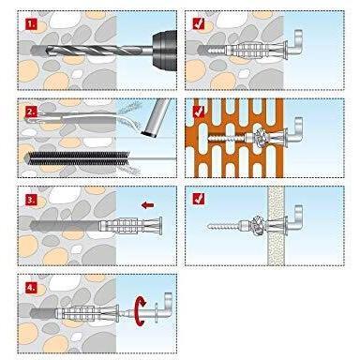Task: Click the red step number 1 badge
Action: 30,23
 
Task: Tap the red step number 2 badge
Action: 30,111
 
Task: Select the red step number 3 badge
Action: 30,200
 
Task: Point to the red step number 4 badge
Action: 30,288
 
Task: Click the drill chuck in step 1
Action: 164,49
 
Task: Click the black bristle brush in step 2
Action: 78,158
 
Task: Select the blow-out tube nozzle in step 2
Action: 156,117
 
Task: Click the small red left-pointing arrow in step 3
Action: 147,205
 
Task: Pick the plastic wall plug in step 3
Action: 130,226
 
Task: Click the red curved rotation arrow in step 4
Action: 140,312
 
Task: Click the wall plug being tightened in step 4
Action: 87,312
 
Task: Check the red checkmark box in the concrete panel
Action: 199,23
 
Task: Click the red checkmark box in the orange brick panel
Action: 199,112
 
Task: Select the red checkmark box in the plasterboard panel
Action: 199,199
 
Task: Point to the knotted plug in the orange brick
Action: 261,137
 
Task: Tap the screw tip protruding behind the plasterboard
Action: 209,225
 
